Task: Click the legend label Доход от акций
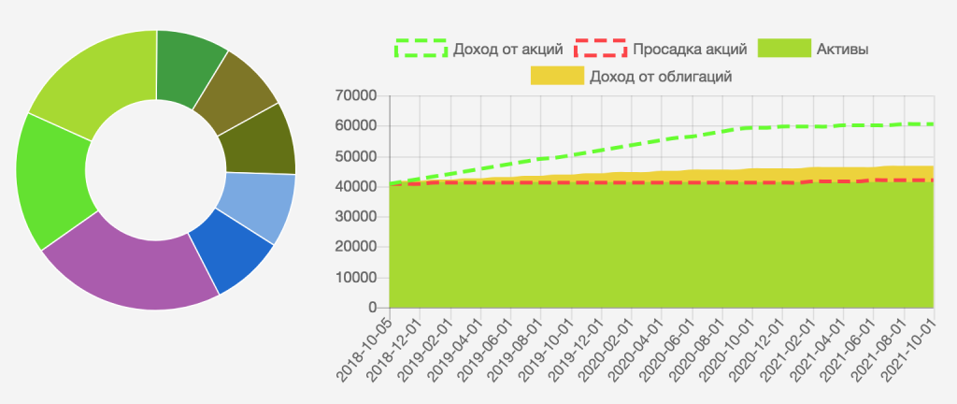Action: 507,49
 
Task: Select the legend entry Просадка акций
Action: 689,49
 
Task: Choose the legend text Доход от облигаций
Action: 660,76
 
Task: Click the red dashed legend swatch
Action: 600,49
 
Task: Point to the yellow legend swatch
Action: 557,76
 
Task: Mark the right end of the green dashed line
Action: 934,124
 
